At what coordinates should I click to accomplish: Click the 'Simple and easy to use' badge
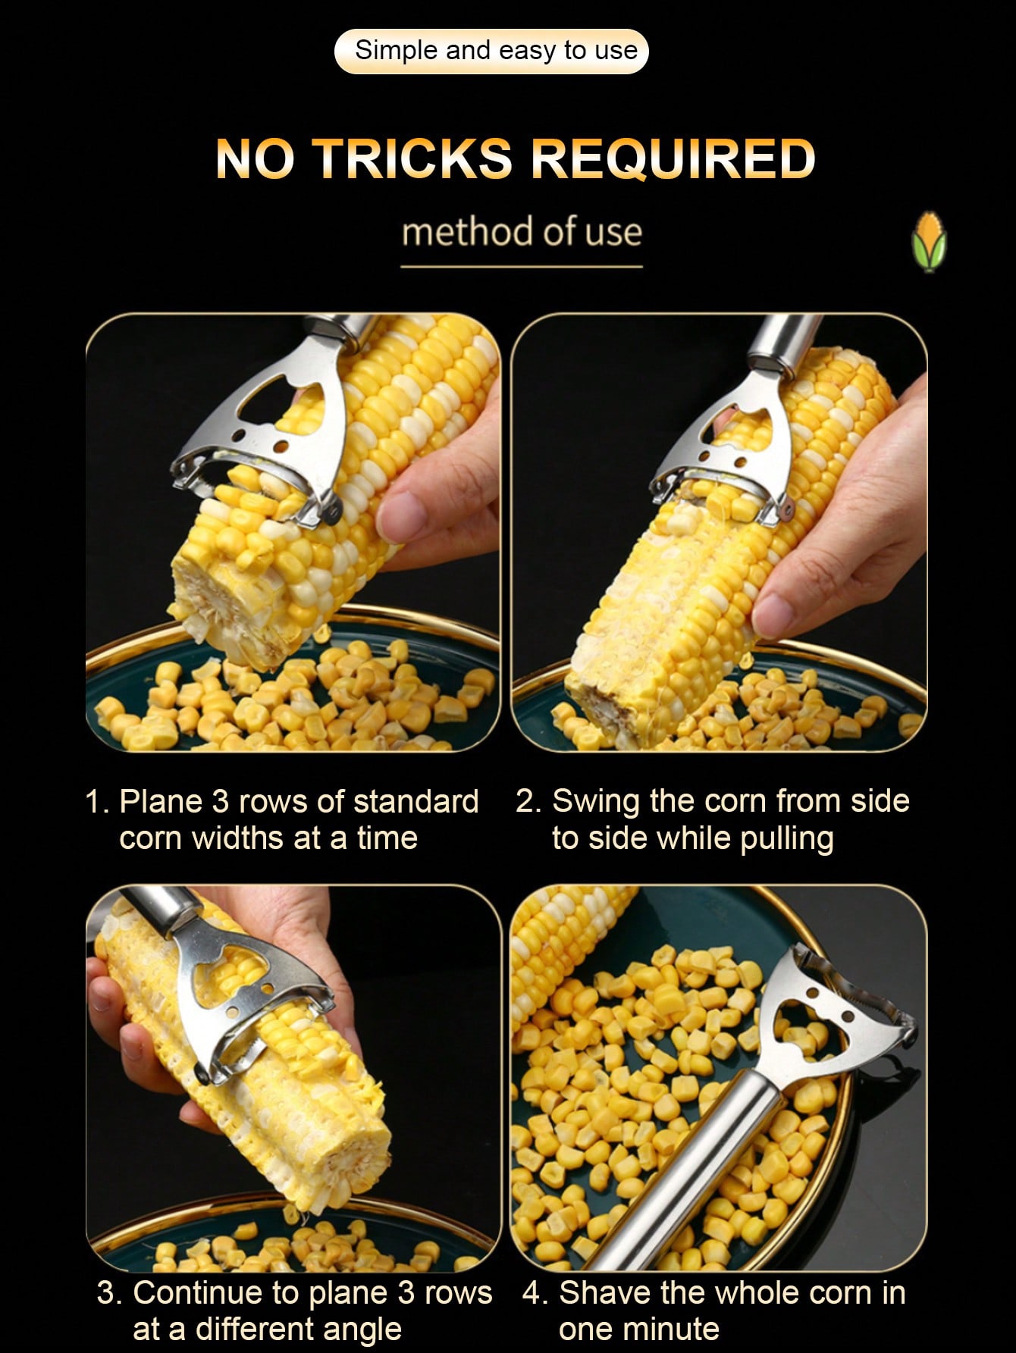pos(491,51)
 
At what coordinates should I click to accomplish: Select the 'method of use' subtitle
pos(522,231)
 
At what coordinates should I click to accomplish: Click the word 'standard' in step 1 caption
pos(416,802)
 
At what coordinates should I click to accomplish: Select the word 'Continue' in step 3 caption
pos(196,1293)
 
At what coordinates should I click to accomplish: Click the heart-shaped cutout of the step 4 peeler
pos(804,1019)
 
